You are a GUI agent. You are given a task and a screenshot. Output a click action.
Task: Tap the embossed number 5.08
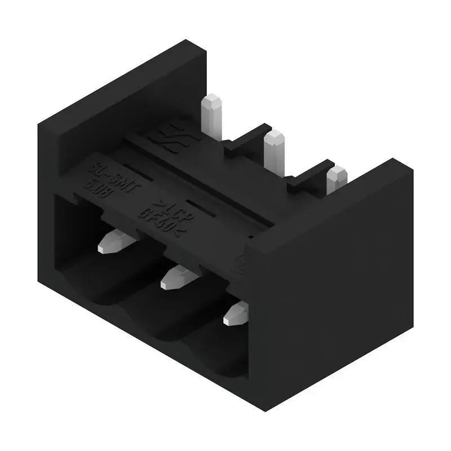click(99, 189)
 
